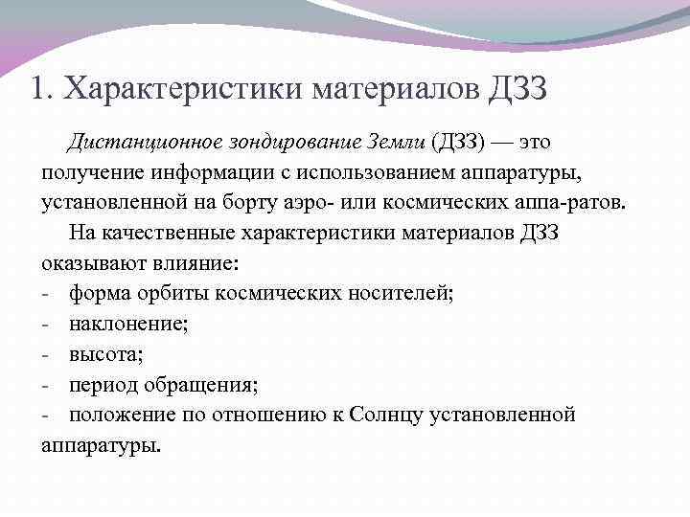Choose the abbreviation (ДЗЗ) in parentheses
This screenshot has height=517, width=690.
point(459,143)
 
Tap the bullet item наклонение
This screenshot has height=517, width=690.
point(128,326)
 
